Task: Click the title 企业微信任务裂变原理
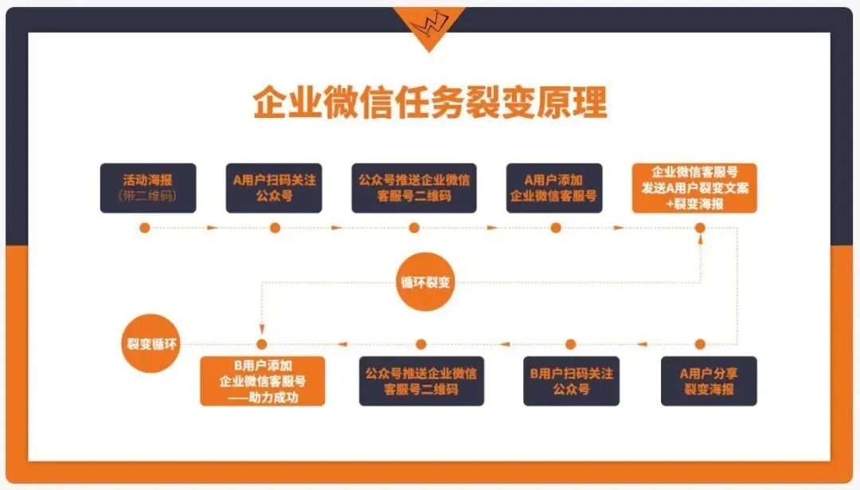(x=430, y=103)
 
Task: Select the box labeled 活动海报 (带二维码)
(x=147, y=188)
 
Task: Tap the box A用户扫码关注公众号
(x=274, y=188)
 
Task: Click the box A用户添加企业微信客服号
(x=554, y=188)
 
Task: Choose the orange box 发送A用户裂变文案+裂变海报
(x=694, y=188)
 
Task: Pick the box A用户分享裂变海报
(x=709, y=381)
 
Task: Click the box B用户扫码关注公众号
(x=571, y=381)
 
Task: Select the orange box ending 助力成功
(x=263, y=381)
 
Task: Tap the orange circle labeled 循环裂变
(x=426, y=281)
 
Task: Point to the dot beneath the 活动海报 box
(x=144, y=228)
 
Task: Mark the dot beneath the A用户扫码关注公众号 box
(x=275, y=228)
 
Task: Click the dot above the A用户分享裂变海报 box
(x=700, y=344)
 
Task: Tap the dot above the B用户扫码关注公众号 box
(x=570, y=344)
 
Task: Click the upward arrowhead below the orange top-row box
(x=700, y=239)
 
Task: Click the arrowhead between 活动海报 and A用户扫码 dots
(x=212, y=228)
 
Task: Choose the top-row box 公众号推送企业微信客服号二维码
(x=414, y=188)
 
